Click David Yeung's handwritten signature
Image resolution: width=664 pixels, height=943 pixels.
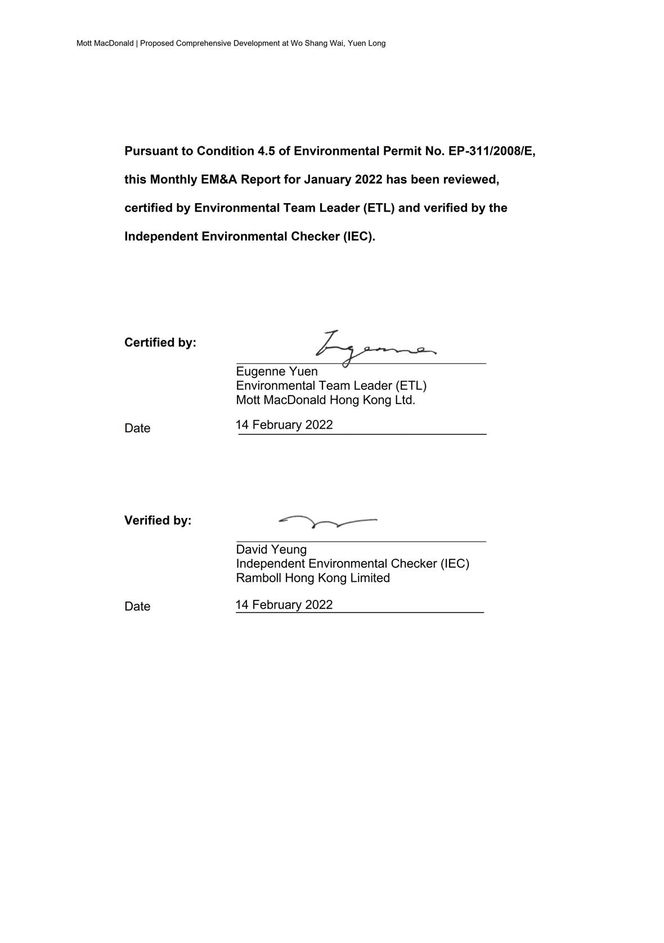click(x=327, y=522)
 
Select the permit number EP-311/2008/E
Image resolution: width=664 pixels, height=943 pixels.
click(x=491, y=151)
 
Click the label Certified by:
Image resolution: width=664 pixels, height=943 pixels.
click(x=160, y=343)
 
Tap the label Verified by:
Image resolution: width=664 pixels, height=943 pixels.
click(x=158, y=520)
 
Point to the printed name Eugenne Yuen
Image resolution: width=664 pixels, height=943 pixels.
click(x=276, y=371)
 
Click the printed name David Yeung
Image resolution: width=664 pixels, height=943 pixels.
click(x=271, y=549)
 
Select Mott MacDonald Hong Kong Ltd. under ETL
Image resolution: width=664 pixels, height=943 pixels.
click(x=325, y=400)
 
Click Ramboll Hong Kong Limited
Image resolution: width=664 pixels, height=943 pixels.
click(x=312, y=578)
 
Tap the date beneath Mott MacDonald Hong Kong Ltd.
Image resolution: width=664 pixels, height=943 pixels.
click(x=284, y=425)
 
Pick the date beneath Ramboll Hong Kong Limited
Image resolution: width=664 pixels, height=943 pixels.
click(x=284, y=605)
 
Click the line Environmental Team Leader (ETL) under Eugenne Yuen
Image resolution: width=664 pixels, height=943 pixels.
click(x=331, y=385)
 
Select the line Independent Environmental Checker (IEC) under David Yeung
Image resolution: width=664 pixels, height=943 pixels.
click(x=352, y=563)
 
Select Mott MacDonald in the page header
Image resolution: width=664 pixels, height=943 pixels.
click(x=105, y=43)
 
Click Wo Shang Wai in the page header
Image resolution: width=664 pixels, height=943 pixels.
click(x=317, y=43)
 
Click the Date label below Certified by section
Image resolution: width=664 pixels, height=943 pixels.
click(x=137, y=428)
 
